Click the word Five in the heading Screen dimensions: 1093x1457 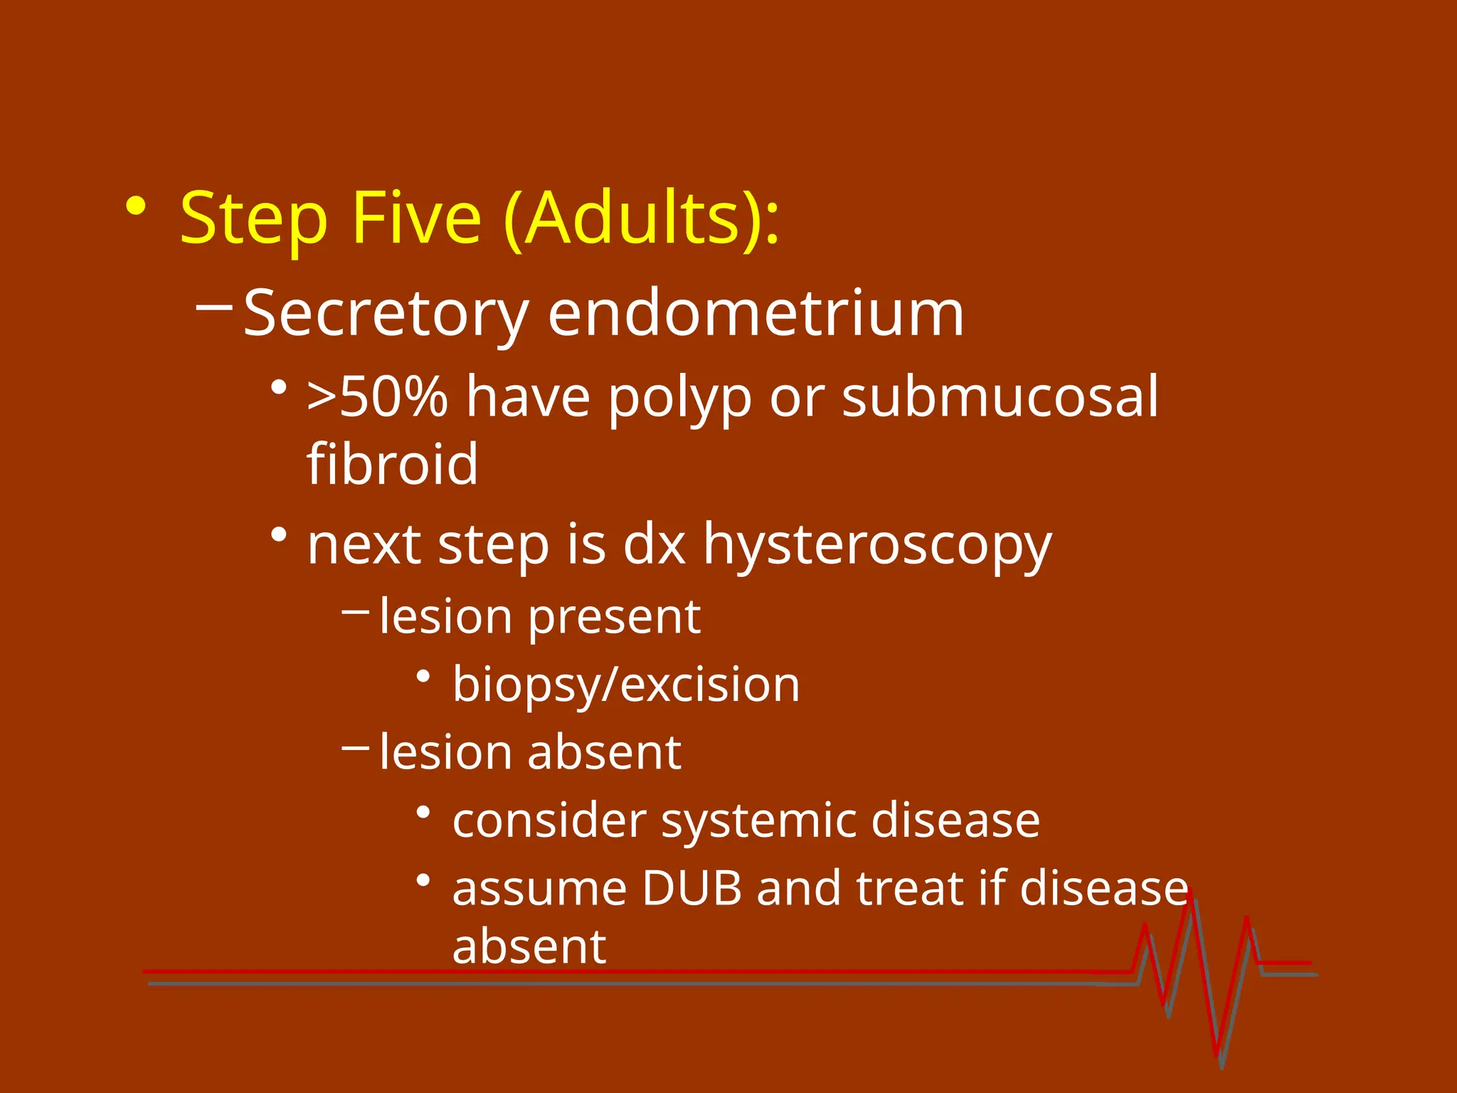click(x=416, y=218)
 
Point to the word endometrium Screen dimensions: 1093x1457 click(x=756, y=314)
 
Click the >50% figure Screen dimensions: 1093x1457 click(x=377, y=396)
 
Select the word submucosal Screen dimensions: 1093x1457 click(x=1000, y=396)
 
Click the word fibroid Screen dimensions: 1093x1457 click(x=392, y=464)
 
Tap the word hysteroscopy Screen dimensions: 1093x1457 click(x=877, y=546)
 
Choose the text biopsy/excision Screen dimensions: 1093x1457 click(x=626, y=685)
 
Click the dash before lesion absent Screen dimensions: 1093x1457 click(x=355, y=748)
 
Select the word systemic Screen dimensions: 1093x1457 click(x=758, y=821)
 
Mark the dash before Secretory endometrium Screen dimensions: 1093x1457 click(x=213, y=307)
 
